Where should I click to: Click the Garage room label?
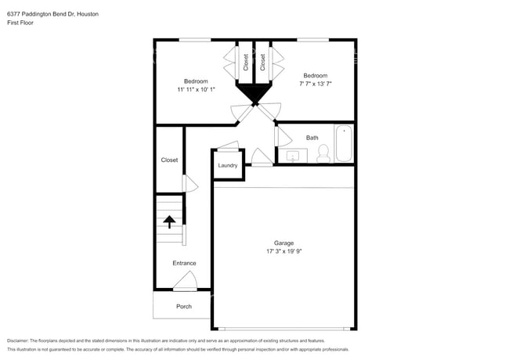[283, 243]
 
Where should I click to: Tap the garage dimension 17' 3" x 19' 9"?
[284, 251]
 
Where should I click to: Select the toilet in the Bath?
[323, 153]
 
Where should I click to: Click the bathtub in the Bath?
[344, 143]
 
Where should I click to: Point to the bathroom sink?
[293, 157]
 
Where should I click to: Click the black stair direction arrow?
[169, 221]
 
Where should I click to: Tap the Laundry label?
[228, 165]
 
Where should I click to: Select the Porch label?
[184, 307]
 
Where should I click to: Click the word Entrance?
[184, 263]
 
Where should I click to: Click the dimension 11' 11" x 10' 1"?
[196, 89]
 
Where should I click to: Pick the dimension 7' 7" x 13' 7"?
[316, 84]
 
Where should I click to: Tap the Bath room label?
[312, 138]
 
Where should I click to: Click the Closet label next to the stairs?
[169, 160]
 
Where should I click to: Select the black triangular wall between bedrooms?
[254, 93]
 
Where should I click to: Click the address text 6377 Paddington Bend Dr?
[41, 14]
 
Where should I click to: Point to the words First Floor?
[20, 23]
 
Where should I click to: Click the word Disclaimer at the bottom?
[18, 340]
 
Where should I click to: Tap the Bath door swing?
[283, 136]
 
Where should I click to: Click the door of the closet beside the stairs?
[190, 184]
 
